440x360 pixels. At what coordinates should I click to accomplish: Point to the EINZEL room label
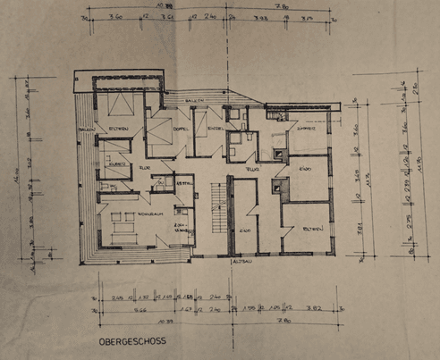(214, 130)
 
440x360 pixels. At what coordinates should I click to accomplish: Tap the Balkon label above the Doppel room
(191, 101)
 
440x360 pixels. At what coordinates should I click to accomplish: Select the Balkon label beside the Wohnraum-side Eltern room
(88, 131)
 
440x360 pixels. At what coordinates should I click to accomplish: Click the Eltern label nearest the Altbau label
(308, 230)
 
